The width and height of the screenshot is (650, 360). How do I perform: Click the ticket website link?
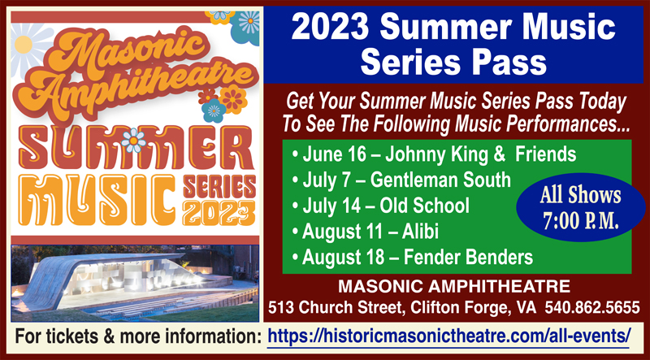coord(449,335)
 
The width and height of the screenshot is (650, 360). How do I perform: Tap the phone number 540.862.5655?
coord(592,308)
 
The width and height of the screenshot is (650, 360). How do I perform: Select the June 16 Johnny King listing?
coord(434,154)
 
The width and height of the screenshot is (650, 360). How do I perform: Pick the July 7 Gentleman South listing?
coord(401,180)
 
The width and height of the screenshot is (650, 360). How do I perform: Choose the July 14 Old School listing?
coord(380,206)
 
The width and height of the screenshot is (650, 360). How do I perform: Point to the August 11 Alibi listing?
coord(365,232)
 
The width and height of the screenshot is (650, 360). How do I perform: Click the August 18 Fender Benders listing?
coord(412,258)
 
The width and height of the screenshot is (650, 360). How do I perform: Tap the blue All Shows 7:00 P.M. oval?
coord(580,207)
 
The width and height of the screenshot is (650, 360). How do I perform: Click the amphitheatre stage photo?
coord(135,284)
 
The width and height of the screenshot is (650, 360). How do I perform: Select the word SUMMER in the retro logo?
coord(135,147)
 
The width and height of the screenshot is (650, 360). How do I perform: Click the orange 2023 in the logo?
coord(219,213)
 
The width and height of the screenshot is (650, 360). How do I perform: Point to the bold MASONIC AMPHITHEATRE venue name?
coord(454,286)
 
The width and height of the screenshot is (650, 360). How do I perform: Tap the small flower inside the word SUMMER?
coord(133,141)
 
